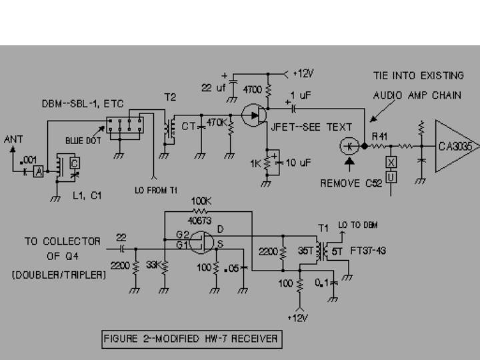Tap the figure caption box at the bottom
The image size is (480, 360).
click(191, 339)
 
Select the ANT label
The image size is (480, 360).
click(13, 140)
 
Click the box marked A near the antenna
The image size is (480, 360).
click(39, 171)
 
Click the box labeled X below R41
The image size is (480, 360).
click(391, 162)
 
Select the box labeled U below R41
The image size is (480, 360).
click(391, 175)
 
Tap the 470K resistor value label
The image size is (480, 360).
click(217, 123)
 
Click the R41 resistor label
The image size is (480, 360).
click(379, 135)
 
